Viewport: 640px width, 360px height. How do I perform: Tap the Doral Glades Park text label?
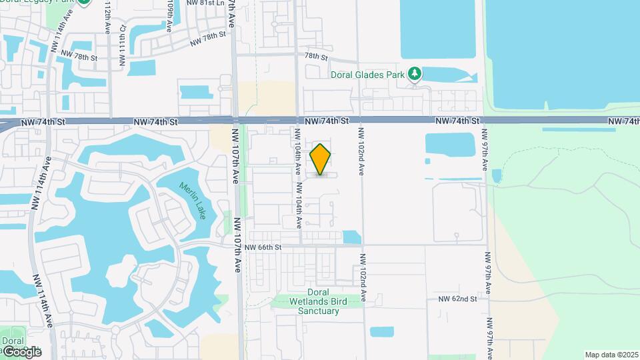pyautogui.click(x=368, y=75)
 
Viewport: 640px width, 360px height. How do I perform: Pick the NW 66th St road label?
pyautogui.click(x=264, y=247)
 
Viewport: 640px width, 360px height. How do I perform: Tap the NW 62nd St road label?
pyautogui.click(x=458, y=299)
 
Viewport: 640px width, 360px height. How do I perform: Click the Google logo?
pyautogui.click(x=21, y=352)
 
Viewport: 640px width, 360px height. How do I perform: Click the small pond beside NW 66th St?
pyautogui.click(x=351, y=237)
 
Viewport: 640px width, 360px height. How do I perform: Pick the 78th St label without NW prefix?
pyautogui.click(x=316, y=57)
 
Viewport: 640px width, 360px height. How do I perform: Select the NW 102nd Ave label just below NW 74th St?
pyautogui.click(x=361, y=151)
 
